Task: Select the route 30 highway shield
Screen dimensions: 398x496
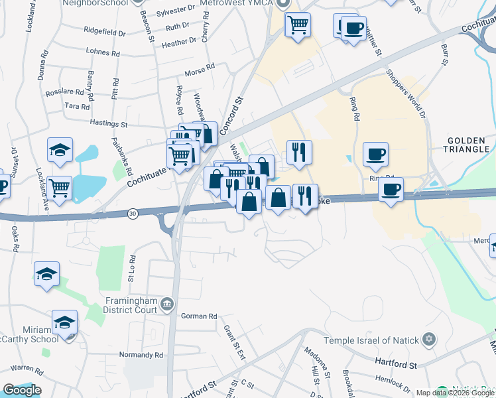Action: click(133, 214)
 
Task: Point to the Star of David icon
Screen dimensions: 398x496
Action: click(429, 340)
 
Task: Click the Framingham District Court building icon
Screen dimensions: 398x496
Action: click(167, 305)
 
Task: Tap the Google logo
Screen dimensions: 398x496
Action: click(22, 390)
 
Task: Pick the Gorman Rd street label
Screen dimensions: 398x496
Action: click(199, 317)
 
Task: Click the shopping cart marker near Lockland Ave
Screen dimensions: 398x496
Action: click(60, 189)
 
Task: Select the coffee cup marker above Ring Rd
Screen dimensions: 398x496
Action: click(375, 154)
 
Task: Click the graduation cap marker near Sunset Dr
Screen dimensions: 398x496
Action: click(60, 150)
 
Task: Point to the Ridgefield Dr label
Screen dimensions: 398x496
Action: click(105, 32)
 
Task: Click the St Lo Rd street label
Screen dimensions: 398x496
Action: click(133, 268)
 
